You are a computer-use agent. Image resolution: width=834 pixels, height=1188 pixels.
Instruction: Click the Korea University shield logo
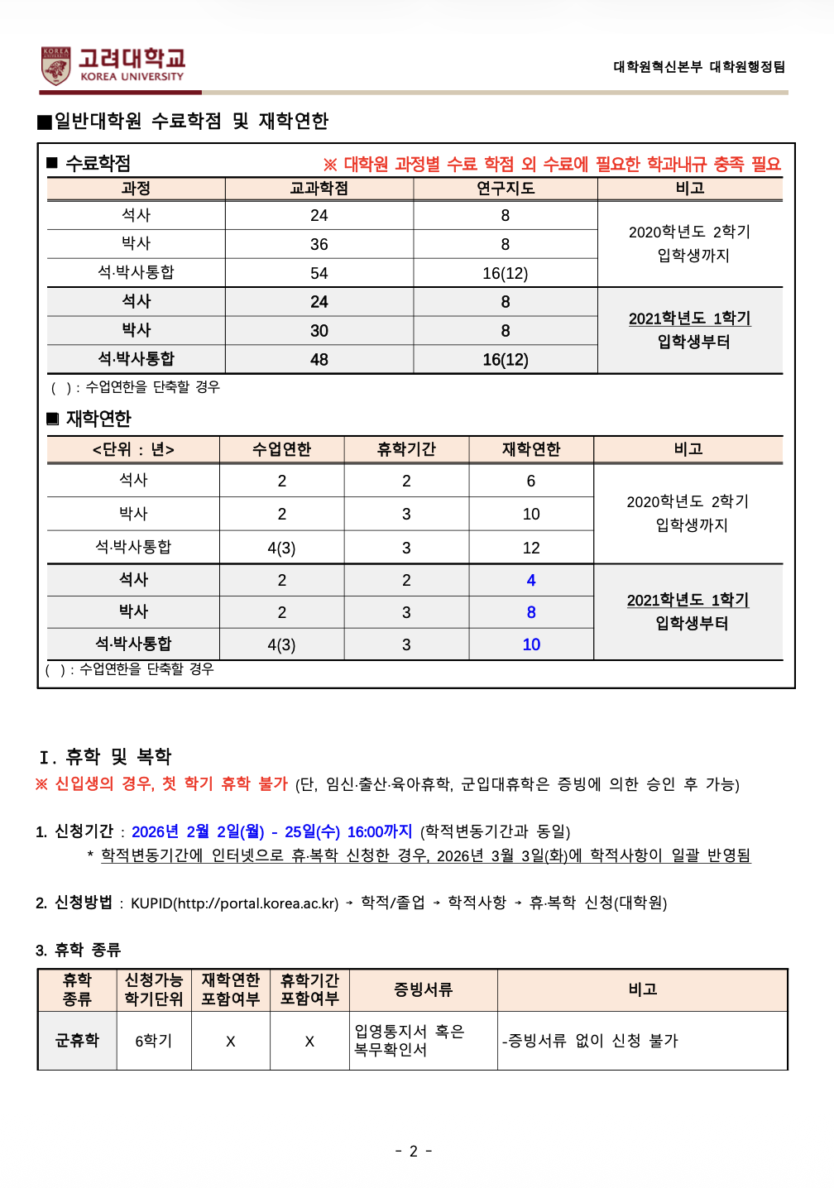(56, 65)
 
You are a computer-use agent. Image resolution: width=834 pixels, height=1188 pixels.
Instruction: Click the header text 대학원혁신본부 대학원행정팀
(699, 67)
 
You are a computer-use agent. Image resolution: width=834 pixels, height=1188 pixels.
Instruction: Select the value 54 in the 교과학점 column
(319, 273)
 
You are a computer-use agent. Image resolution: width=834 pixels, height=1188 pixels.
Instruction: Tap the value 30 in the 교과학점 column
(319, 331)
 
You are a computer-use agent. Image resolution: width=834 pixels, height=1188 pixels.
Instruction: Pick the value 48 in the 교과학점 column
(319, 360)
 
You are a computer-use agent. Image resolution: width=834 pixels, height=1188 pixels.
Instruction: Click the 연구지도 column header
(506, 189)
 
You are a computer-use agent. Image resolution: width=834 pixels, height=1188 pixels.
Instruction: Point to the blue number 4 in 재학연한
(531, 581)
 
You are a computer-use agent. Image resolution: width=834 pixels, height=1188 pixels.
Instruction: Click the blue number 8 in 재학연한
(531, 613)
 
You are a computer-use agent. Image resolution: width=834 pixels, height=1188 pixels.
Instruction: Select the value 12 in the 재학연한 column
(531, 548)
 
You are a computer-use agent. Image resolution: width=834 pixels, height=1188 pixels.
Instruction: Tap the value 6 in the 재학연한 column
(531, 481)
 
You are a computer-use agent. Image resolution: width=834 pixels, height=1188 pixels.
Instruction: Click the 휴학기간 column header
(406, 449)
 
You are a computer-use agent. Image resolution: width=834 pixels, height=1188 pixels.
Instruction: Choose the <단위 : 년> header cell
(133, 450)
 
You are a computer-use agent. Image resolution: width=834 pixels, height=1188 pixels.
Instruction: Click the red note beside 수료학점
(552, 165)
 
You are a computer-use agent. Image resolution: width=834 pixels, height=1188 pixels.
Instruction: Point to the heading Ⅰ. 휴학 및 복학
(105, 757)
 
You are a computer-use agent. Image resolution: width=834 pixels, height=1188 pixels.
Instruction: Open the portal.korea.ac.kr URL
(257, 903)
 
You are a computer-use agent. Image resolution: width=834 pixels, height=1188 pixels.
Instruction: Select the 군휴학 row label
(77, 1041)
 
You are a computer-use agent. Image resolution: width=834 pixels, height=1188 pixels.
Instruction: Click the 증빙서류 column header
(423, 989)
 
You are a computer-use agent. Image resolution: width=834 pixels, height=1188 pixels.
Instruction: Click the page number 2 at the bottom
(414, 1151)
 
